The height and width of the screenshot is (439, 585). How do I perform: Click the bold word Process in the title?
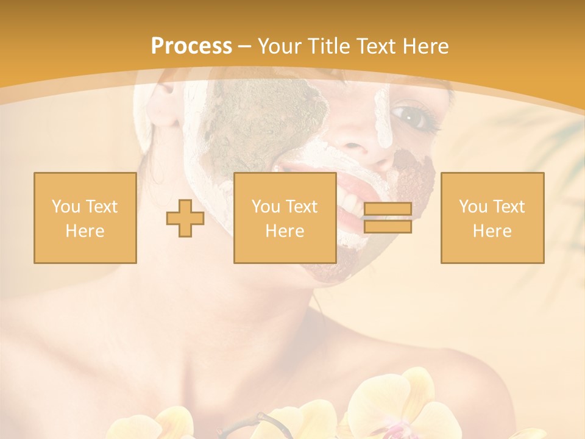[x=191, y=46]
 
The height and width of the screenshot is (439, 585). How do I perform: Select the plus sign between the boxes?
[x=185, y=218]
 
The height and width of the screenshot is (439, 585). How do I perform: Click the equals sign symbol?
[x=388, y=218]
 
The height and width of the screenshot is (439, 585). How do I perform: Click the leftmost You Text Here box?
[x=85, y=218]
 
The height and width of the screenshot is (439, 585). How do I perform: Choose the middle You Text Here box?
[x=285, y=218]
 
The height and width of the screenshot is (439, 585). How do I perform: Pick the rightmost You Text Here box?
[x=492, y=218]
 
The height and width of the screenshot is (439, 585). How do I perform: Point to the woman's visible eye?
[x=408, y=115]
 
